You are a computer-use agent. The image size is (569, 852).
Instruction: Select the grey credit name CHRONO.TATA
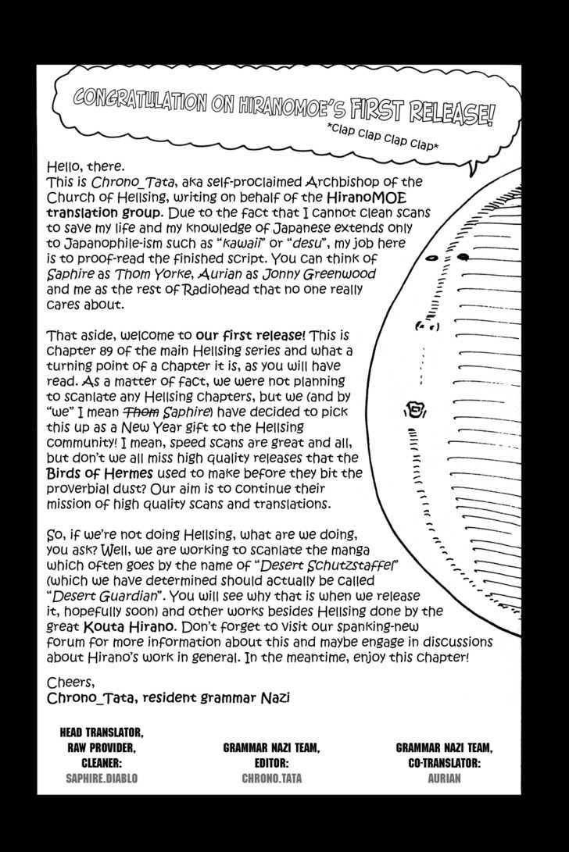tap(270, 778)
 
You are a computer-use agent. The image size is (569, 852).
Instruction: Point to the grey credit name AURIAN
tap(444, 778)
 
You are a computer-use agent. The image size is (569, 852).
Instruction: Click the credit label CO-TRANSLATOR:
tap(444, 762)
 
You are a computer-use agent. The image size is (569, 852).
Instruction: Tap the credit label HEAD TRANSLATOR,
tap(102, 733)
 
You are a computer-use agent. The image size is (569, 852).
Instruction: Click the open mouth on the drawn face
tap(415, 408)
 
